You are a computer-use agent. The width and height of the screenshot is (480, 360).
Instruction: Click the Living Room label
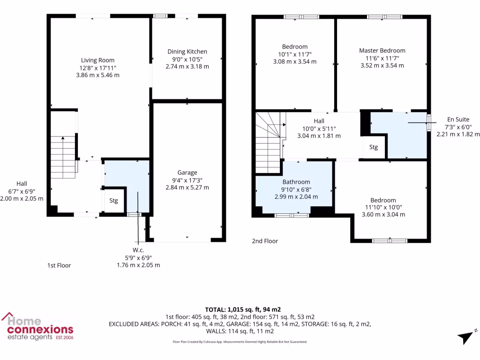point(97,60)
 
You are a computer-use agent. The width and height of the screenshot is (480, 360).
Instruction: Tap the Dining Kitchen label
point(187,52)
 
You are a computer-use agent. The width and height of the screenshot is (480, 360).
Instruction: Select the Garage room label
point(187,172)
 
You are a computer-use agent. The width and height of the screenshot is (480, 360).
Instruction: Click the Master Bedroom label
point(382,51)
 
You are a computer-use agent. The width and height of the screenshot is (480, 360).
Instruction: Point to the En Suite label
point(457,120)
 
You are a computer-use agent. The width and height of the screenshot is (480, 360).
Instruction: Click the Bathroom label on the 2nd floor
point(296,182)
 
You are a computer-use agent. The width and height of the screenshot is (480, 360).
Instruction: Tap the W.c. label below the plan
point(138,250)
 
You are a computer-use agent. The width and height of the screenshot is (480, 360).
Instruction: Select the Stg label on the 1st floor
point(114,201)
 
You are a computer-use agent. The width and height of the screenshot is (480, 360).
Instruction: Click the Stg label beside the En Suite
point(373,147)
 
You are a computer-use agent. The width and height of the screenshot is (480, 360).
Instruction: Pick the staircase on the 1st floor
point(63,157)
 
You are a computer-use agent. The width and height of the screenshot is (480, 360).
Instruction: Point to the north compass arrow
point(466,337)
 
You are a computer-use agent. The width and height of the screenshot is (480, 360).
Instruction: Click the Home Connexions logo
point(37,326)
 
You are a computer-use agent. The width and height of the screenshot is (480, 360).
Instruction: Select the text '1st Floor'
point(59,265)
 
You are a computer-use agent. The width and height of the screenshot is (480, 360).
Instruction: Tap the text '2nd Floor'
point(265,241)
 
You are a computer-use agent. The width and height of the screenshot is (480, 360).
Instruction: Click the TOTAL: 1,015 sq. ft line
point(243,309)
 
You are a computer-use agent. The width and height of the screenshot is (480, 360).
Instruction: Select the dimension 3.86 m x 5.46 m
point(97,75)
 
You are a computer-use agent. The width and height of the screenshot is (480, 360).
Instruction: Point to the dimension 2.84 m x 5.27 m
point(187,187)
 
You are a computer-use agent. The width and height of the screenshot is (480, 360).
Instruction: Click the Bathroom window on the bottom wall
point(292,216)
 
